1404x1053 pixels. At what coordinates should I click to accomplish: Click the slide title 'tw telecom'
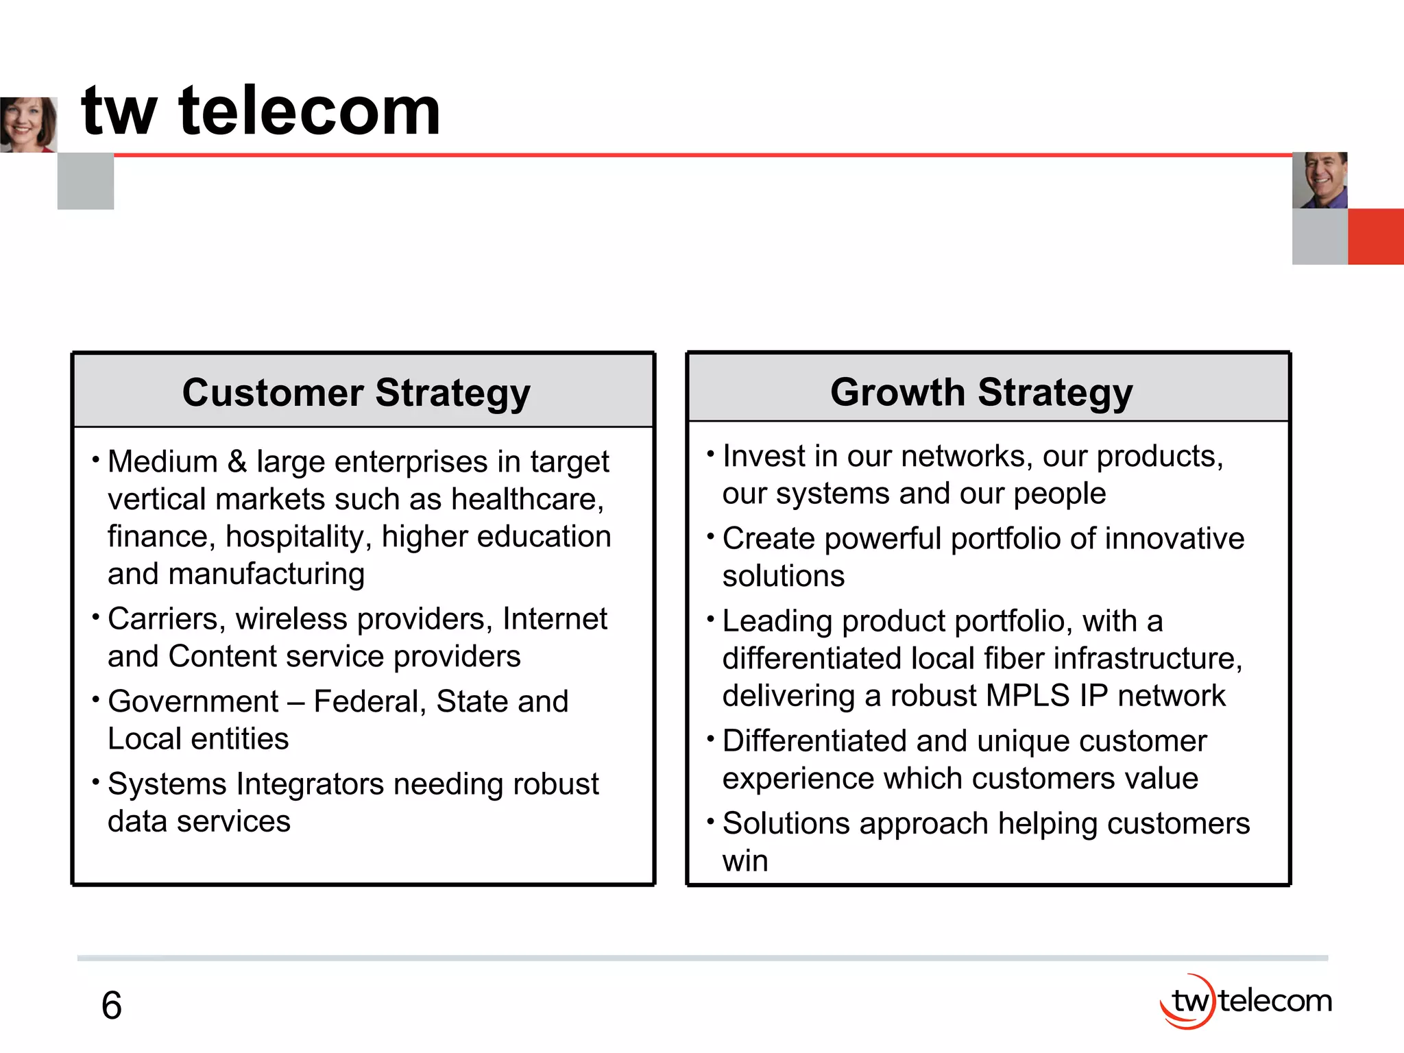click(x=261, y=111)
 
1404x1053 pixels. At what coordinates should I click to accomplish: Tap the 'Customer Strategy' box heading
click(x=356, y=393)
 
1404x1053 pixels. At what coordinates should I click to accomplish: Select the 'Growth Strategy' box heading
click(x=981, y=392)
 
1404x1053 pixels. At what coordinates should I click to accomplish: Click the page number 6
click(x=112, y=1006)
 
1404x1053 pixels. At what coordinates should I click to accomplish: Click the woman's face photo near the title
click(x=27, y=124)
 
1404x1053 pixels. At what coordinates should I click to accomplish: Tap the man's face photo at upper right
click(x=1320, y=180)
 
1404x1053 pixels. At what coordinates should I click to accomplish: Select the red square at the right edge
click(x=1376, y=237)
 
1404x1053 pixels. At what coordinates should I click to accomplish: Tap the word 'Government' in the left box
click(x=193, y=701)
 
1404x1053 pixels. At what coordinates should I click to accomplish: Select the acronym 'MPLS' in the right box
click(x=1028, y=696)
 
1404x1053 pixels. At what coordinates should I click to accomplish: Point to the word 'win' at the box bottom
click(x=745, y=861)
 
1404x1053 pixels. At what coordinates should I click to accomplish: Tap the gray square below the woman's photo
click(x=86, y=181)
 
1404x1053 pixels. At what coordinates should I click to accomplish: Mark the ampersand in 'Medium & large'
click(x=237, y=461)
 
